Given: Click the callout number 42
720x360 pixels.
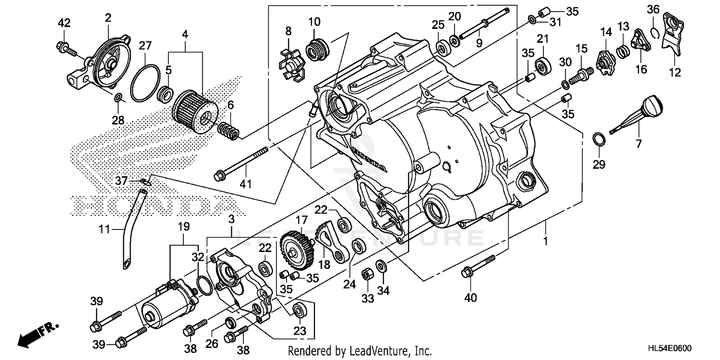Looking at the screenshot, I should [64, 23].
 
